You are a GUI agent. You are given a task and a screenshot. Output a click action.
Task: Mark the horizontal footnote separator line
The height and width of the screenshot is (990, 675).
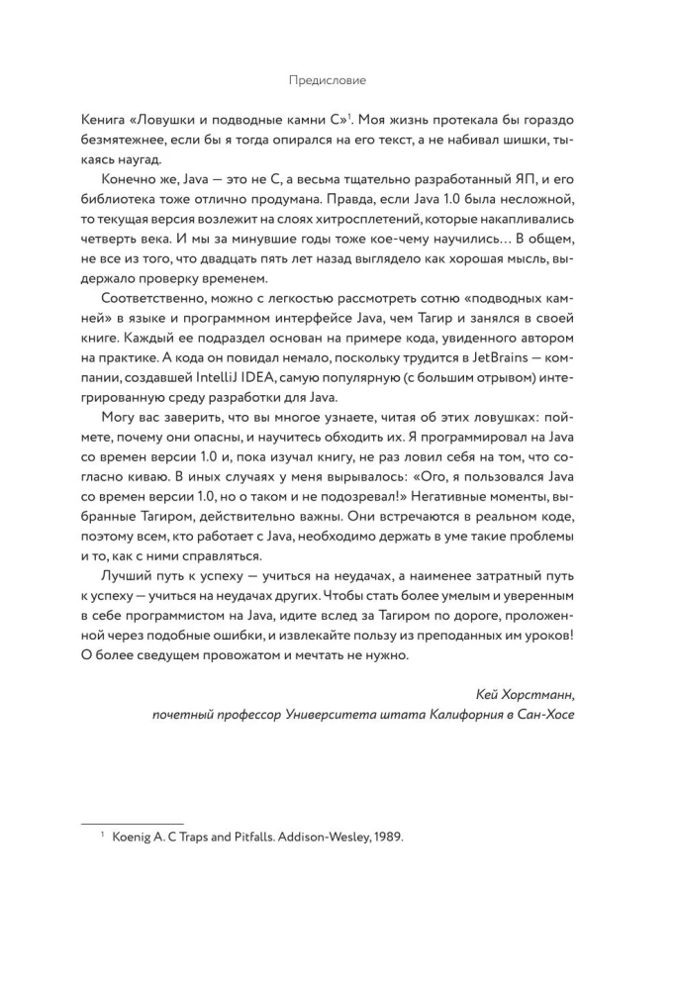pos(132,824)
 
